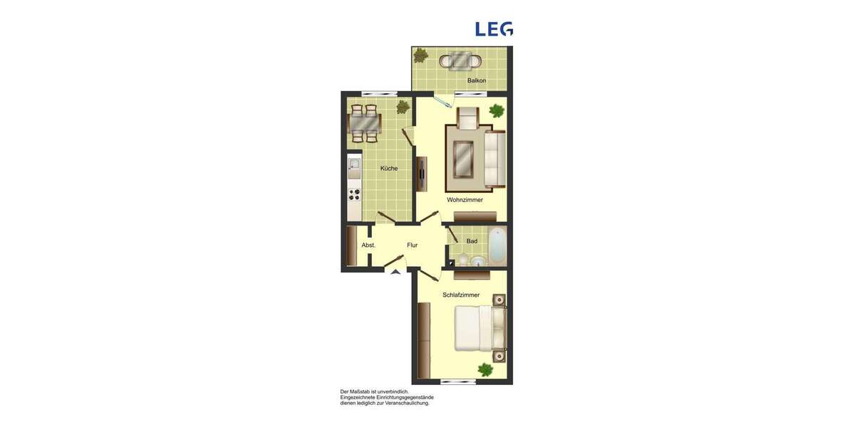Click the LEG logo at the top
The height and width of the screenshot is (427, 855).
pos(494,28)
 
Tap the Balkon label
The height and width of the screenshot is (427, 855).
pos(477,80)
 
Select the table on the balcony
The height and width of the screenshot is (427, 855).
pos(460,60)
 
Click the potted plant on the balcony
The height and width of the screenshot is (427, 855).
pos(421,55)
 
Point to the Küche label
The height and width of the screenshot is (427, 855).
pos(389,169)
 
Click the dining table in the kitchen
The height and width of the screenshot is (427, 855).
pos(364,125)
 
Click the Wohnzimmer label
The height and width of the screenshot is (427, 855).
pos(465,200)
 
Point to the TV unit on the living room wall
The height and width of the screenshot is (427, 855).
pos(422,174)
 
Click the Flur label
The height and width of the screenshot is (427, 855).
pos(412,245)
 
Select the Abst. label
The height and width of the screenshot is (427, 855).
pos(368,245)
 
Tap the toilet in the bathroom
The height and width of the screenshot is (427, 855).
pos(464,260)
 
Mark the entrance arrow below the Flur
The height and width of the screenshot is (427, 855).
pos(393,271)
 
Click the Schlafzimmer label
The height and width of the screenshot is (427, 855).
pos(461,295)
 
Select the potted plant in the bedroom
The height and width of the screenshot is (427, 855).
pos(485,369)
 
